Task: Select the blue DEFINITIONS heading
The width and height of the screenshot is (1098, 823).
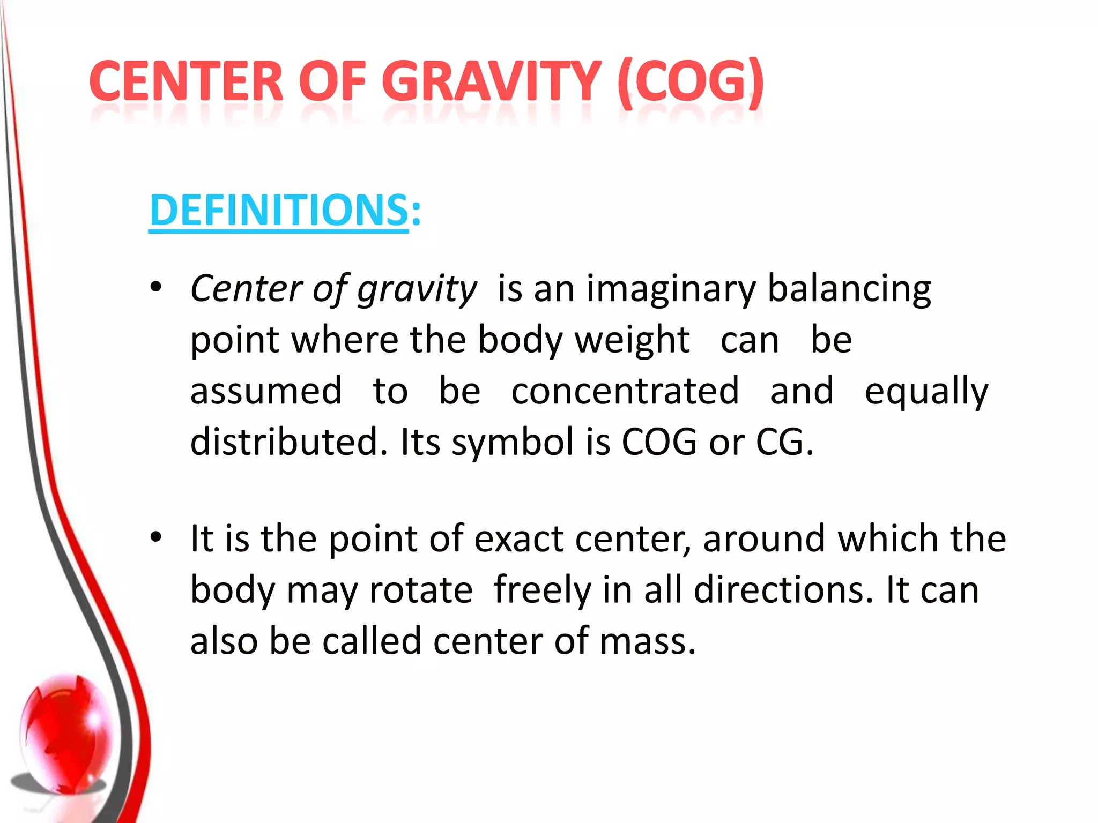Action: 279,210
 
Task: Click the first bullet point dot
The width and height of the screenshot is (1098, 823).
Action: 156,288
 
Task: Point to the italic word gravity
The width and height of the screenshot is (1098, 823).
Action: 417,289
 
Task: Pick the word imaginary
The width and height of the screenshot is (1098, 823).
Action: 671,289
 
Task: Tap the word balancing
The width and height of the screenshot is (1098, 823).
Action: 849,289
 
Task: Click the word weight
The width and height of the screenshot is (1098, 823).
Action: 632,340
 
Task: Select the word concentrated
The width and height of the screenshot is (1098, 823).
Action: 625,391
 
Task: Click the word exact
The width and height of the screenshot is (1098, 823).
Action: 518,538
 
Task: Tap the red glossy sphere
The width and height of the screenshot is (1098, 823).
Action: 67,731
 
